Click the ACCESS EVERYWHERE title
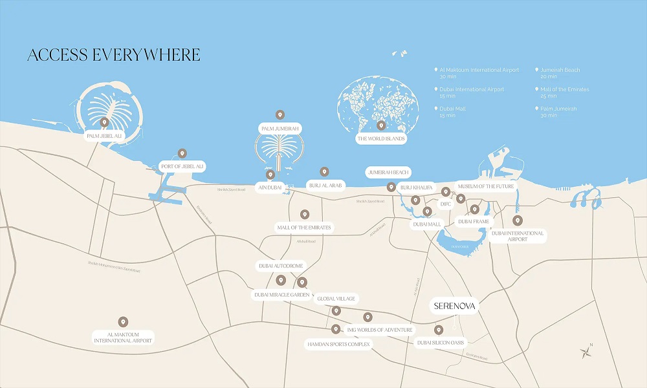[114, 55]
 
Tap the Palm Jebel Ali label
[104, 136]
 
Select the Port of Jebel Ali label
[182, 167]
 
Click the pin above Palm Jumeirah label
[280, 115]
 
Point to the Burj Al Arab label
[326, 185]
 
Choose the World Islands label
[381, 138]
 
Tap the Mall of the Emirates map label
[304, 228]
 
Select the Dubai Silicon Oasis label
[441, 342]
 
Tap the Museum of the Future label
[486, 186]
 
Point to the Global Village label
[336, 299]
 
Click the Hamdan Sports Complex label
[338, 345]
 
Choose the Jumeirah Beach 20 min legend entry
[560, 72]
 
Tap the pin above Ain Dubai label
[270, 175]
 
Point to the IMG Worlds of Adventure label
[379, 330]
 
